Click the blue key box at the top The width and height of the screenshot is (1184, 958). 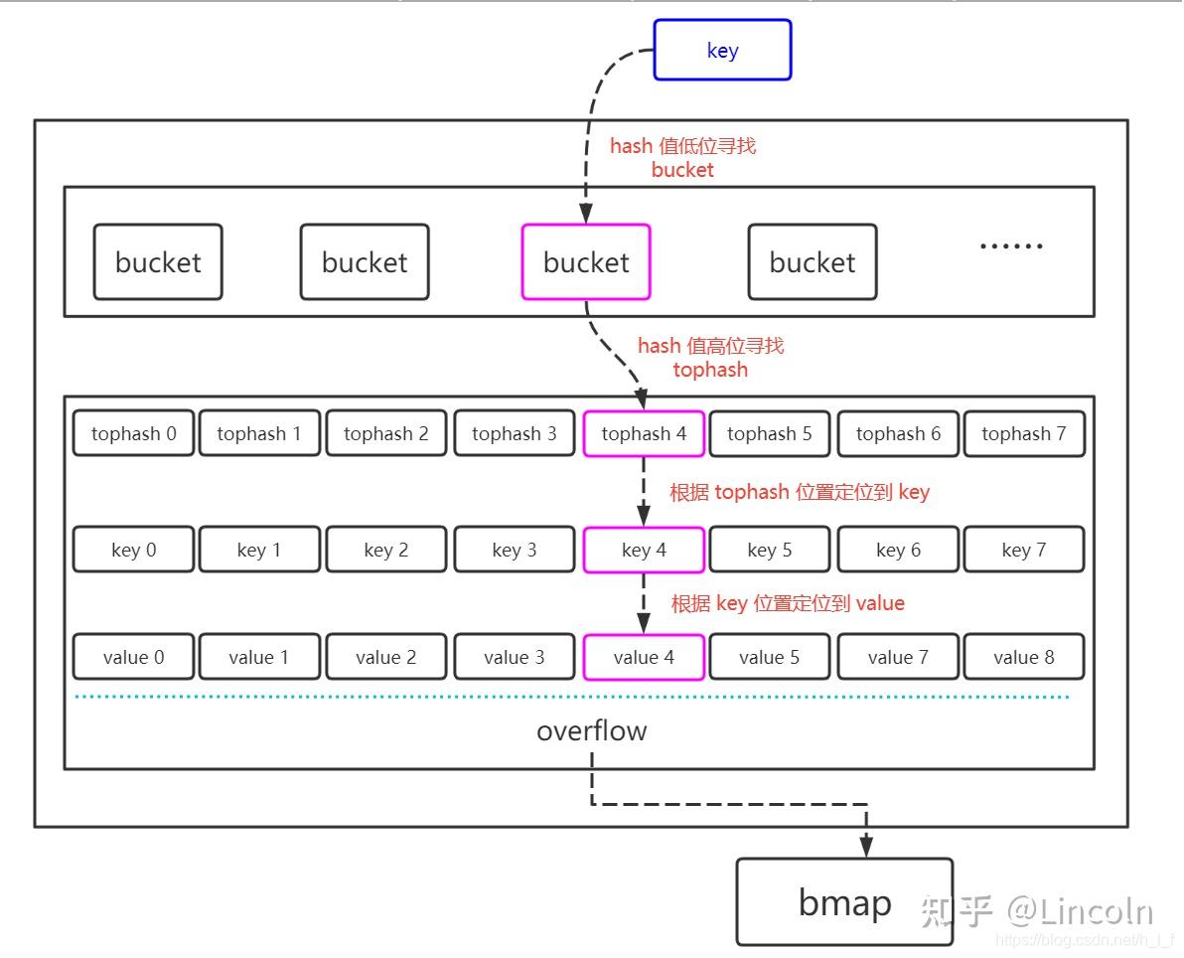tap(722, 51)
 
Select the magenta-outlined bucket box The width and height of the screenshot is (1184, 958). tap(586, 262)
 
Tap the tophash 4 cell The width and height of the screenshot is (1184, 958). tap(644, 434)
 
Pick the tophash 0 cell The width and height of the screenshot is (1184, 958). tap(134, 434)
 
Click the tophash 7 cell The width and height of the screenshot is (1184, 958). tap(1023, 434)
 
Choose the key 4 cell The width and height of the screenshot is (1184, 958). tap(644, 551)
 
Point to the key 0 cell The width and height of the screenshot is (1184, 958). tap(134, 551)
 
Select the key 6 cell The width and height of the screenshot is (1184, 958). tap(898, 551)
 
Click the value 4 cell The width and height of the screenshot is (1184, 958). tap(644, 658)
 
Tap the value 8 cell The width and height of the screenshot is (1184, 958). tap(1023, 658)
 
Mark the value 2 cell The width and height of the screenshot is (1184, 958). tap(386, 658)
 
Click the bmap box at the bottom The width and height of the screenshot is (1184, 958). tap(844, 902)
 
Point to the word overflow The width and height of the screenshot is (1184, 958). tap(591, 731)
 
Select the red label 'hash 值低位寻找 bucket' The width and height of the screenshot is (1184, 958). tap(682, 158)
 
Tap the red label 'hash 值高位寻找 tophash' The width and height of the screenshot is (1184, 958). tap(710, 358)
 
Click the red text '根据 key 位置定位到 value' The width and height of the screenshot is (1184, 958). tap(788, 604)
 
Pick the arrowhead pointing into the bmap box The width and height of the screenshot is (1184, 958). tap(866, 847)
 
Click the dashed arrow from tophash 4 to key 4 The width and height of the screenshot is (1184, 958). tap(644, 492)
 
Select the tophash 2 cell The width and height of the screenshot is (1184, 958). tap(386, 434)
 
